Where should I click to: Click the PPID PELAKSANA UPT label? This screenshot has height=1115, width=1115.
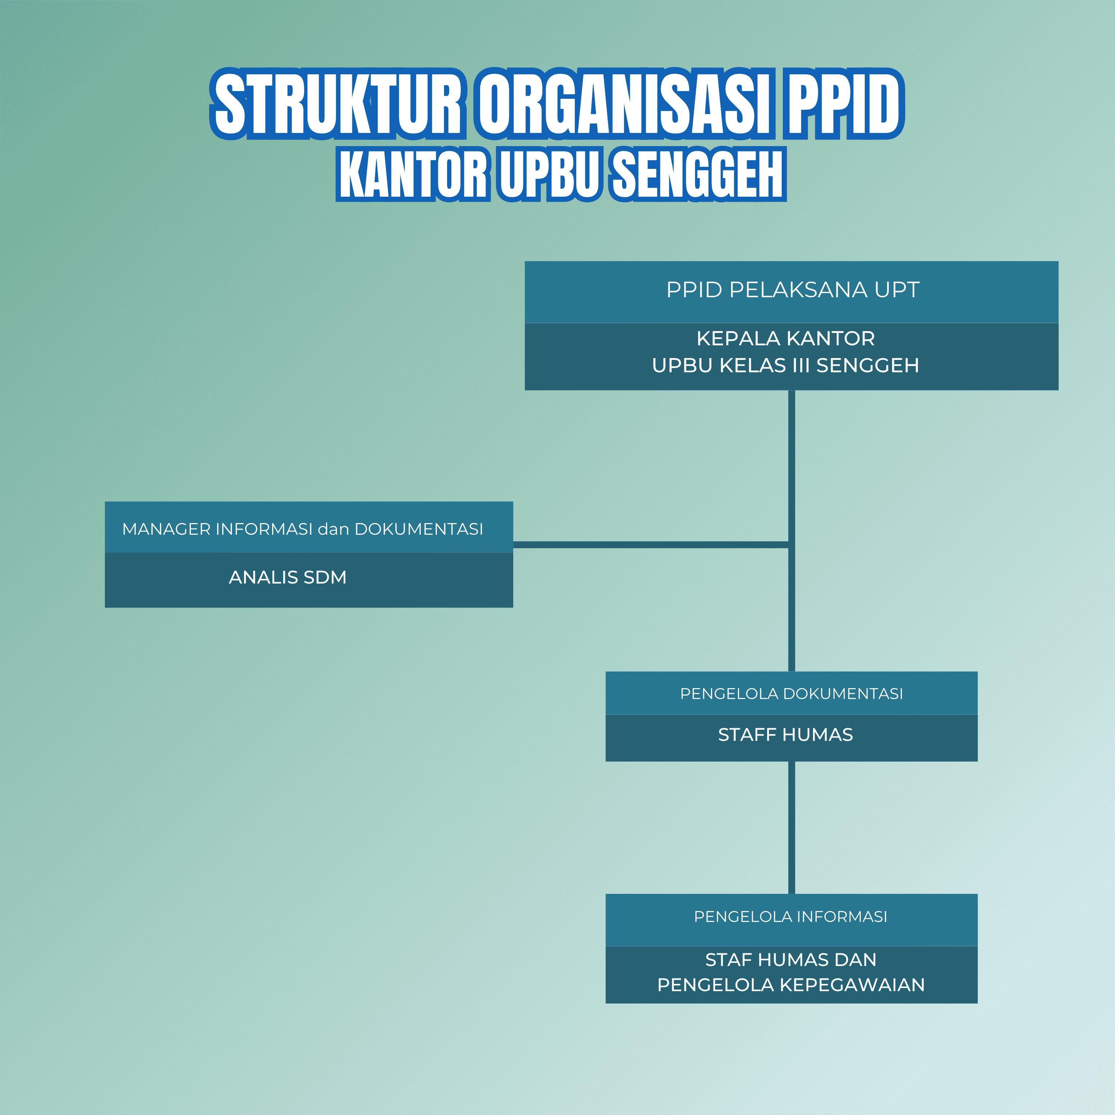(792, 290)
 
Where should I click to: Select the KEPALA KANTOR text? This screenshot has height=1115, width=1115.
(785, 338)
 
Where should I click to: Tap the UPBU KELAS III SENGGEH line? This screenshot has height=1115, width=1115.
(785, 365)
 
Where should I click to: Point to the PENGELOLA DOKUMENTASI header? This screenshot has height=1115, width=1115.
(791, 694)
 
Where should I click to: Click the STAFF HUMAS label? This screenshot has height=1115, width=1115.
(785, 735)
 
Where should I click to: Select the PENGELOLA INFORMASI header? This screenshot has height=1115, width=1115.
(791, 916)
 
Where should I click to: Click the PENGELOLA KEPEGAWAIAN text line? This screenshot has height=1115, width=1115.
(791, 985)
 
